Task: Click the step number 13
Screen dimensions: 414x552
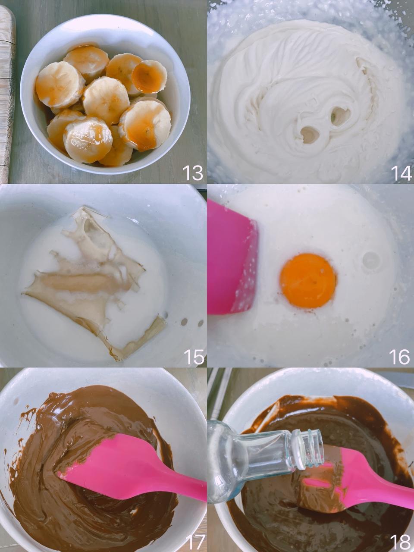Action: (x=193, y=173)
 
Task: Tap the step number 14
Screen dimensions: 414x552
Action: (x=401, y=173)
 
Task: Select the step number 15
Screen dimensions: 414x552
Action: (x=194, y=357)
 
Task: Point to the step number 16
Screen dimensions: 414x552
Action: (x=400, y=357)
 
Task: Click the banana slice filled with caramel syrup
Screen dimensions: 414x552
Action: (x=148, y=74)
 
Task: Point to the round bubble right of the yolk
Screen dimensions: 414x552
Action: (x=371, y=260)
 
